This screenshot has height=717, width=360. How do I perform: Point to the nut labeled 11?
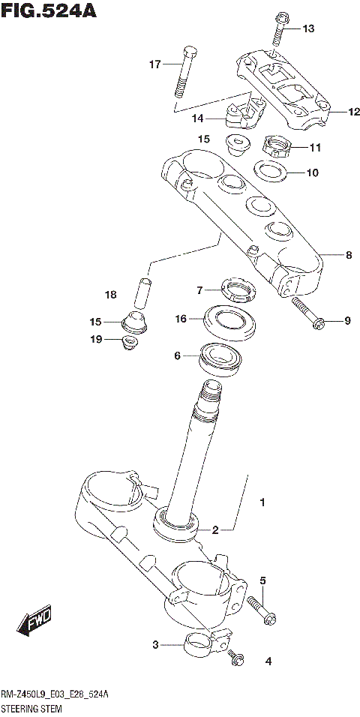[x=274, y=145]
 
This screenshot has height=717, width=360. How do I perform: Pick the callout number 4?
[x=267, y=661]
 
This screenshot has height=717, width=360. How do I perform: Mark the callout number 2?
[x=214, y=529]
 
